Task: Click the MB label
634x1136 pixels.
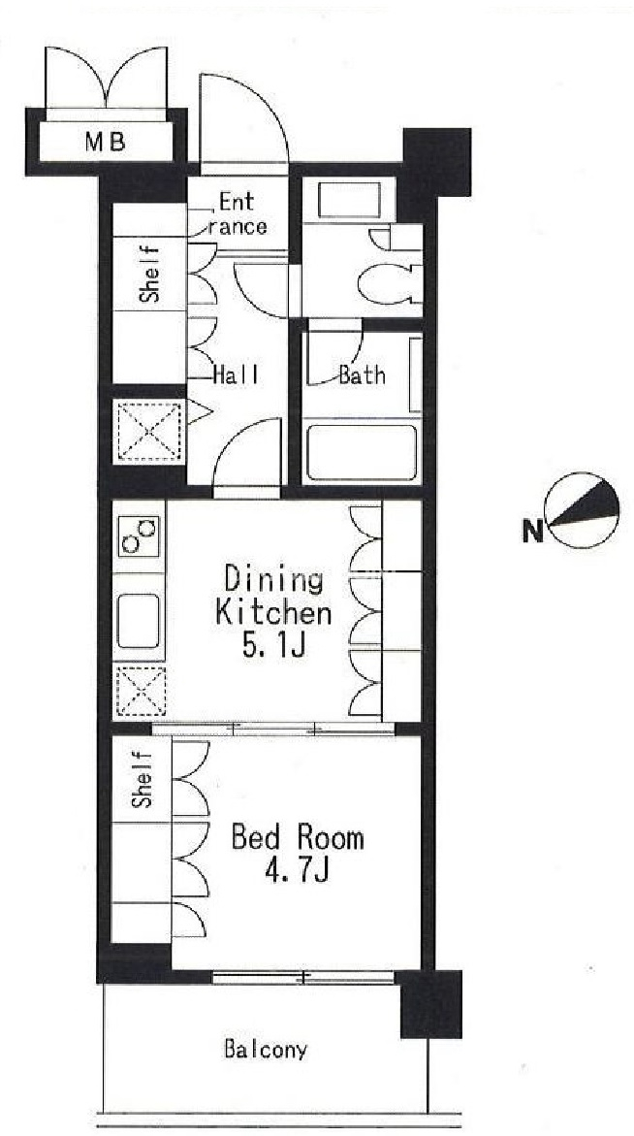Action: coord(105,142)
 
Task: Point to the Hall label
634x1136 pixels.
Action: coord(236,375)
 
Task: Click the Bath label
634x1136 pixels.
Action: coord(362,375)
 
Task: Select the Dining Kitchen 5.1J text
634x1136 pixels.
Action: coord(273,612)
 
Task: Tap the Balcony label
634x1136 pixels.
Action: coord(265,1049)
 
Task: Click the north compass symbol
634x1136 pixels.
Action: coord(583,510)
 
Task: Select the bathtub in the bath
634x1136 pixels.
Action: coord(362,453)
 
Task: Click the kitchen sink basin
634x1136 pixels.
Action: coord(139,620)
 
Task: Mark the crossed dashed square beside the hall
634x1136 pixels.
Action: coord(148,431)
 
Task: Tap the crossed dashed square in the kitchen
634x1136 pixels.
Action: coord(141,692)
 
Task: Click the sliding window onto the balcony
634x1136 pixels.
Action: coord(303,977)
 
